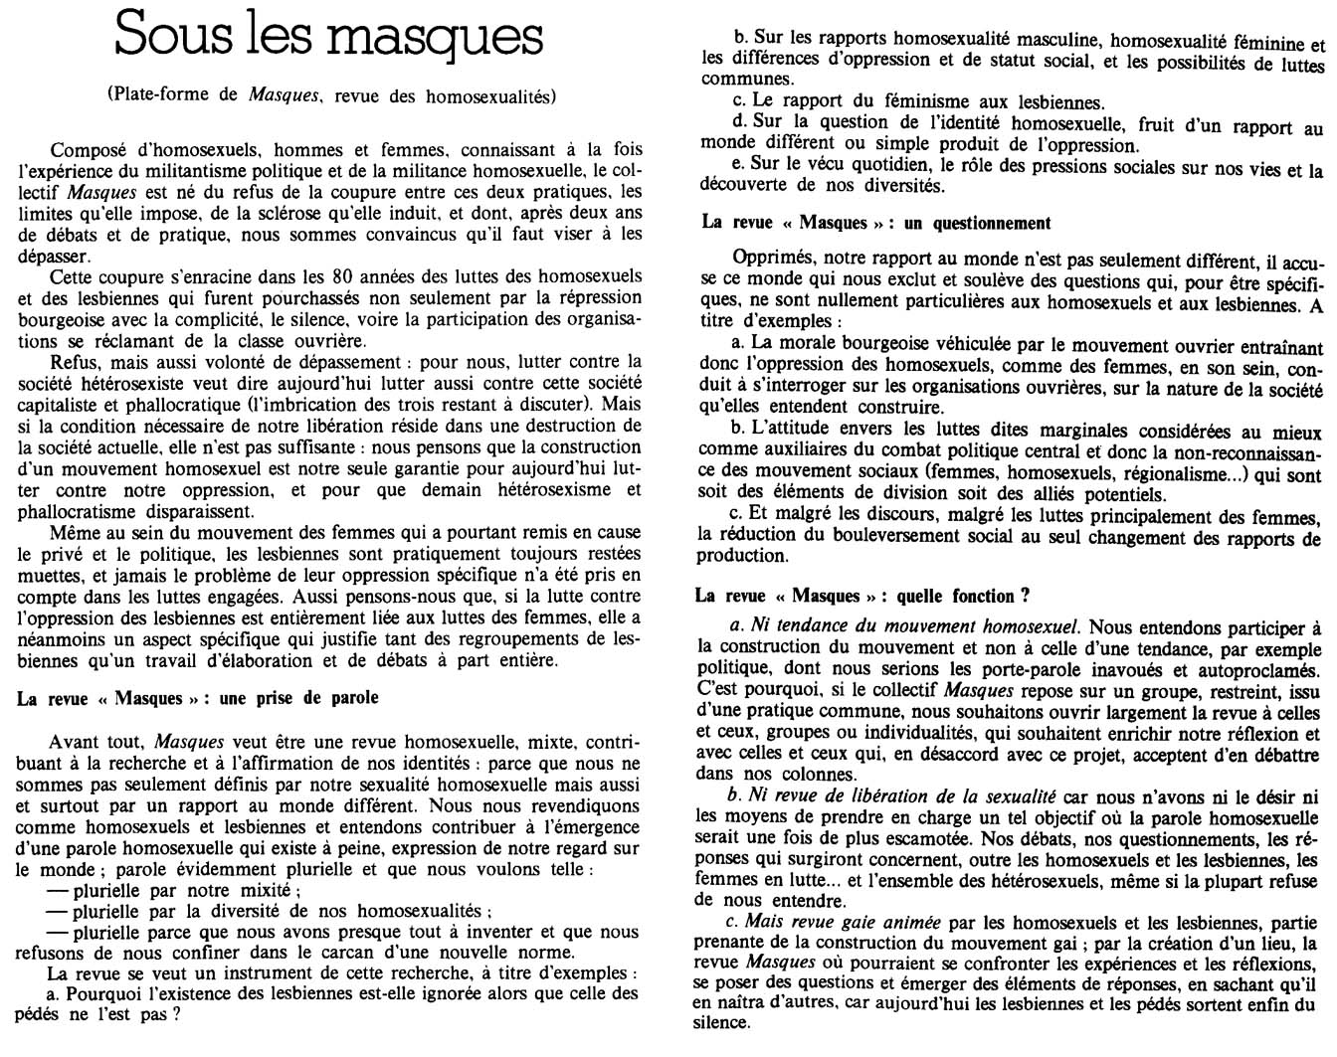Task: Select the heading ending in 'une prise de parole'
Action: tap(198, 697)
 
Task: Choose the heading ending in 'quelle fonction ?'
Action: tap(862, 596)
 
